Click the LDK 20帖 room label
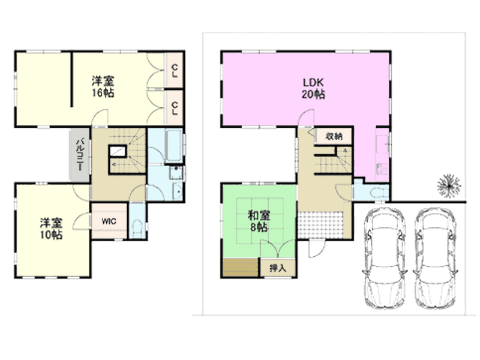click(313, 88)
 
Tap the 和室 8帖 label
click(259, 221)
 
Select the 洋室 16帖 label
click(103, 86)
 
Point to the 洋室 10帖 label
click(52, 229)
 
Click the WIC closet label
click(109, 221)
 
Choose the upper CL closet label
click(175, 71)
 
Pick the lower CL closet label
click(175, 109)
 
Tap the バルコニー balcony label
click(80, 155)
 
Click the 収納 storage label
click(334, 136)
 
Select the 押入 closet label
click(278, 268)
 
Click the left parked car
click(385, 258)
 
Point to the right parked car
click(436, 258)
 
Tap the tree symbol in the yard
click(449, 186)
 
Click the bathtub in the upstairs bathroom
click(173, 146)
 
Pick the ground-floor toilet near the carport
click(378, 193)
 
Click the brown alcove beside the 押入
click(241, 268)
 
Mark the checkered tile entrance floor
click(320, 226)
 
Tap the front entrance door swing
click(316, 249)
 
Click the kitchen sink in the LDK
click(382, 143)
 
